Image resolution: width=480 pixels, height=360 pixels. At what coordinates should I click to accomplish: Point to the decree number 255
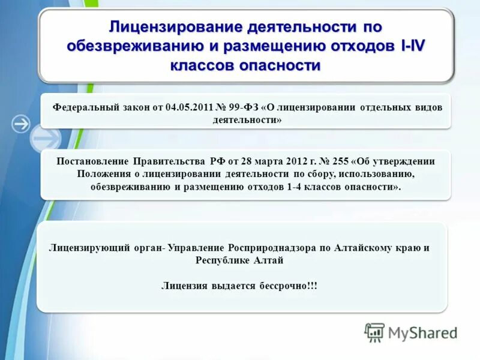click(339, 161)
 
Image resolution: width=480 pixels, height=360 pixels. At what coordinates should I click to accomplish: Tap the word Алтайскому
click(368, 248)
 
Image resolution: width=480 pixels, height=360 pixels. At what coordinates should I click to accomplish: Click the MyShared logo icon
click(374, 332)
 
